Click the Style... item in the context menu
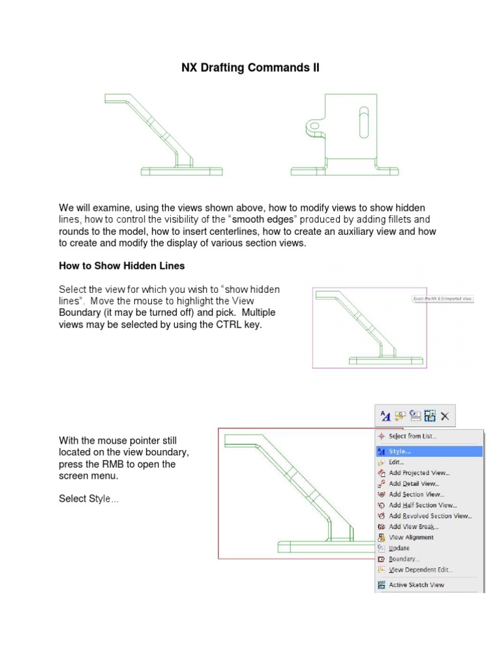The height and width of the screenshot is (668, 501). coord(400,451)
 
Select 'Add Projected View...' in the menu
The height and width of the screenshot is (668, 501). coord(419,473)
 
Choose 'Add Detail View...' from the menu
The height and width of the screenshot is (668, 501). coord(414,483)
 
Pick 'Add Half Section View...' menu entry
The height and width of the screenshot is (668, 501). coord(422,505)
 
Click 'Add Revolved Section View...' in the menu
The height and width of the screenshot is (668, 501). coord(430,515)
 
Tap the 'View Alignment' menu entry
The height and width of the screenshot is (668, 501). coord(411,538)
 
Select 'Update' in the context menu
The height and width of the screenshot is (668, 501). coord(399,548)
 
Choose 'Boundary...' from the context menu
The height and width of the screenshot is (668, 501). coord(404,559)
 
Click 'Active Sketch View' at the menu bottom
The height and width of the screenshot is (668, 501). coord(416,585)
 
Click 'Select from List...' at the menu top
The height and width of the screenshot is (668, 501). coord(412,436)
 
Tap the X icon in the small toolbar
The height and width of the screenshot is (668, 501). coord(445,416)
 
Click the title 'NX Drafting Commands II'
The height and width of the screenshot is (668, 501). coord(250,68)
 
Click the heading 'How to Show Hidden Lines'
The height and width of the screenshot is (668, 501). coord(122,266)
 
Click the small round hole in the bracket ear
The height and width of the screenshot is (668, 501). coord(314,125)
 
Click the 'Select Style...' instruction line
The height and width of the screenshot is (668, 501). coord(89,498)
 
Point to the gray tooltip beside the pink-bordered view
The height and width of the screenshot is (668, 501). coord(442,299)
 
